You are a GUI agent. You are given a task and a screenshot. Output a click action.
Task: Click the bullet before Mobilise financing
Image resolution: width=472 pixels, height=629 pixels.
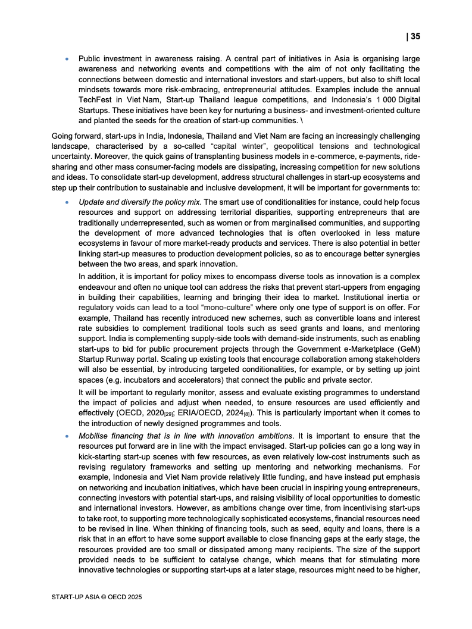tap(67, 436)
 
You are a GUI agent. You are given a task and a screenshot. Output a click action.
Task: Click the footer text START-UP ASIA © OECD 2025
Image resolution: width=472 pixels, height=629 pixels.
tap(97, 596)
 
